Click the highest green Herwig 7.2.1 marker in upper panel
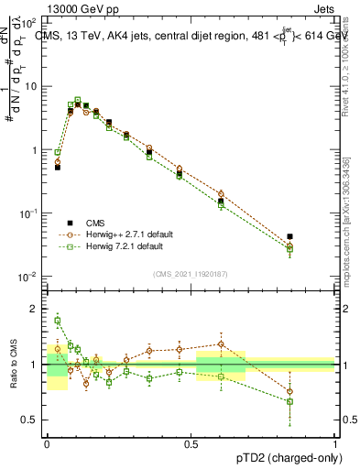point(78,100)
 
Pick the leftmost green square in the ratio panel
point(58,321)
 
